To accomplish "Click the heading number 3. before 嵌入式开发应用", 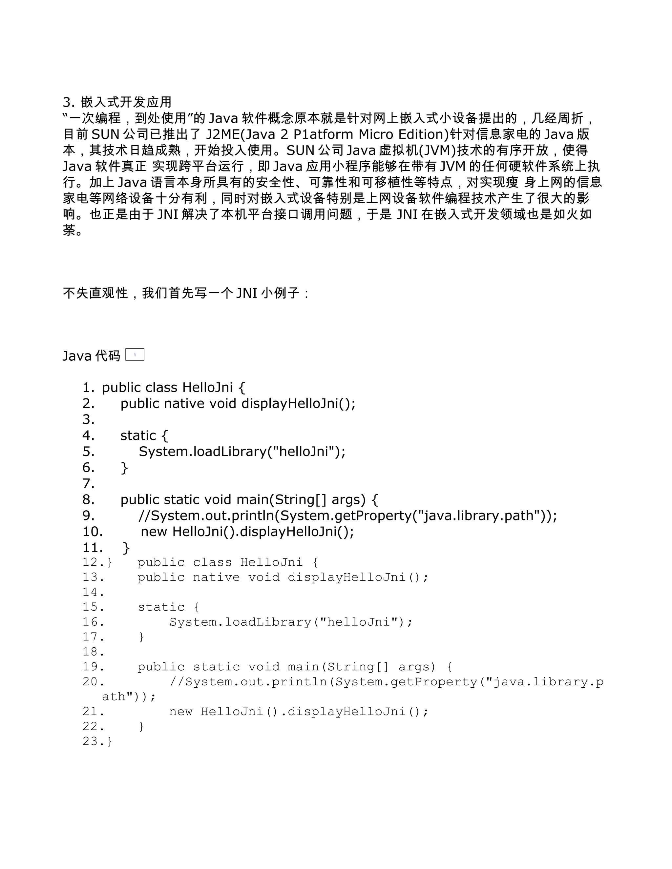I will click(69, 103).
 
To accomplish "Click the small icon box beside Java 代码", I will click(135, 354).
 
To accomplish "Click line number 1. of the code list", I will click(88, 388).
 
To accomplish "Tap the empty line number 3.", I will click(88, 419).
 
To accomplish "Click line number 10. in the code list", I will click(92, 532).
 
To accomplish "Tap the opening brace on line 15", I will click(196, 607).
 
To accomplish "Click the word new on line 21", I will click(181, 712).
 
